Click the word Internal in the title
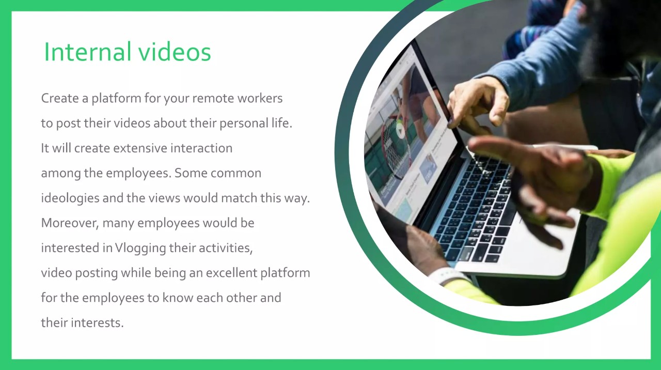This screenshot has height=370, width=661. coord(88,52)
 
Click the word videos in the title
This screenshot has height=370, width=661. coord(175,52)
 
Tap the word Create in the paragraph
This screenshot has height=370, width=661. coord(60,98)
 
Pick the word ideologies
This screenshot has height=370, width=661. coord(70,198)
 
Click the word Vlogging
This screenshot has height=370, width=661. coord(141,248)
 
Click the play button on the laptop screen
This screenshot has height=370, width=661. coord(400,131)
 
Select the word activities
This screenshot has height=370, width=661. coord(226,248)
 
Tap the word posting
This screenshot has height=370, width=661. coord(97,273)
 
